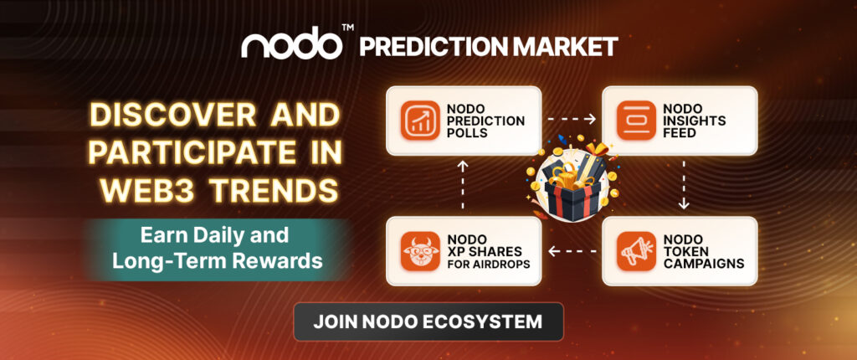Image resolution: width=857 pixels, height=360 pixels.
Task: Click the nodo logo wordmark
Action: (290, 44)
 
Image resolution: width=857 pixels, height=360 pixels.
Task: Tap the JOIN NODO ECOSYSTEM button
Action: (428, 321)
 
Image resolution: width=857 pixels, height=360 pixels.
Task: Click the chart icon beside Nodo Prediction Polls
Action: (419, 121)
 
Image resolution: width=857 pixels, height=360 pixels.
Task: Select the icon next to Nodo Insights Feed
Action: (636, 121)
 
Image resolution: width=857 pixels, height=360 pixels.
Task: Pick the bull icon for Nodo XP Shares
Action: (419, 250)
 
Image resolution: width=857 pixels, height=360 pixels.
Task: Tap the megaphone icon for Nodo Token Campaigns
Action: (636, 250)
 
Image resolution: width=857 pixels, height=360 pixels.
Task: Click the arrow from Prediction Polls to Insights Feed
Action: (572, 120)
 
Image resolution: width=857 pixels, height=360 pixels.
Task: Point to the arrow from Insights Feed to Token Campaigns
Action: (684, 186)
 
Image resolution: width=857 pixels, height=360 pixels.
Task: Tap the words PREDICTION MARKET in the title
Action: (489, 45)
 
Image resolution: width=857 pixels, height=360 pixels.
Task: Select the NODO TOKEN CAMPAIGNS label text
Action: (703, 250)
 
